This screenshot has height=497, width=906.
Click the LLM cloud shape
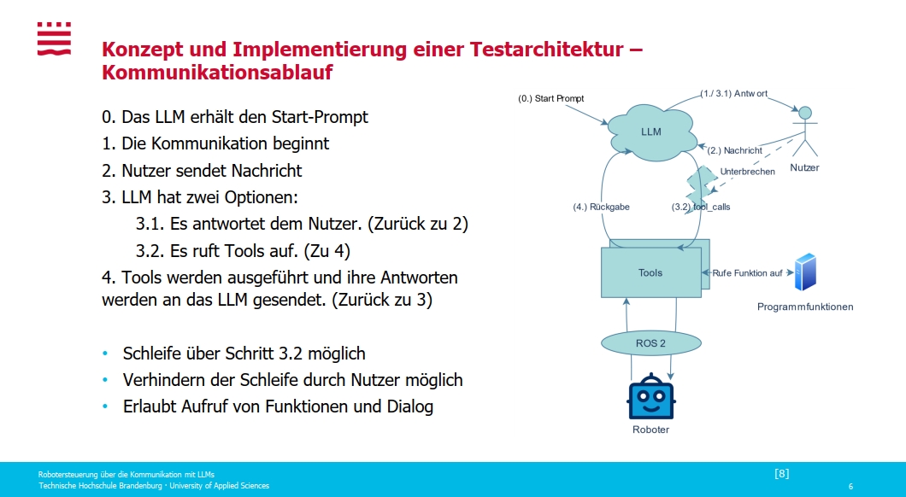(651, 131)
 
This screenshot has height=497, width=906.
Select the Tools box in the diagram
(650, 272)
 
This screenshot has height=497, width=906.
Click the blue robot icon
(651, 395)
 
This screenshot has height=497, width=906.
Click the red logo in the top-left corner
(54, 39)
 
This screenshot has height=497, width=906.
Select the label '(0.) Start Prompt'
(551, 98)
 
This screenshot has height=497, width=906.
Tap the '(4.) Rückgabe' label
(601, 207)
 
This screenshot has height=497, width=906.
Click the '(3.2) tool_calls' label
(701, 207)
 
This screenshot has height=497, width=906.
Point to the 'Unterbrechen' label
(748, 172)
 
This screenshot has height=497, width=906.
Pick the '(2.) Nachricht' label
(735, 150)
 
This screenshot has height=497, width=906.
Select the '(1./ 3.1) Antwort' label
(734, 92)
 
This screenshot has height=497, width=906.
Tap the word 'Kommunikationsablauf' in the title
(217, 73)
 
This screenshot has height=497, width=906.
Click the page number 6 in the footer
(850, 486)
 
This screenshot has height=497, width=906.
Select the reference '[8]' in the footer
(781, 473)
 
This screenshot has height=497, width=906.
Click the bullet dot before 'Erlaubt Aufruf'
(105, 406)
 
